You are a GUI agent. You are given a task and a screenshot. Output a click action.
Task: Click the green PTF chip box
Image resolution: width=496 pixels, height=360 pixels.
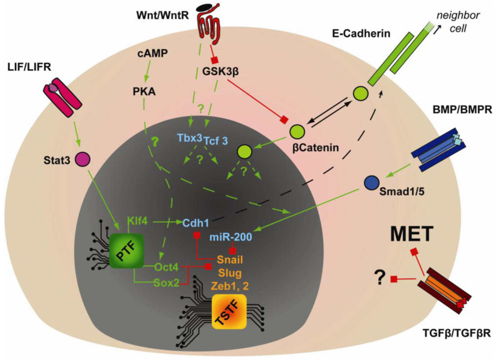tap(126, 251)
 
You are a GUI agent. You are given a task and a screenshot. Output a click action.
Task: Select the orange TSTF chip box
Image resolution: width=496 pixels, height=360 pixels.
tap(229, 312)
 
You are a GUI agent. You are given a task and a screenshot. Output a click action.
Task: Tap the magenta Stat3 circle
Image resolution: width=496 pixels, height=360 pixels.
tap(82, 159)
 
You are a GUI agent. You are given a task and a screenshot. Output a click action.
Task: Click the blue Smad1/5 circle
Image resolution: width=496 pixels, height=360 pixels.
tap(371, 183)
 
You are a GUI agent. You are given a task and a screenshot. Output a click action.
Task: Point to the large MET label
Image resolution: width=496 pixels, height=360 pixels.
tap(411, 234)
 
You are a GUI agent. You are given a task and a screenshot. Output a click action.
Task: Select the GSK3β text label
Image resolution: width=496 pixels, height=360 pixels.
tap(220, 71)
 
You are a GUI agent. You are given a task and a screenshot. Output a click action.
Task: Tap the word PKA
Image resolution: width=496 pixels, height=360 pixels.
tap(144, 91)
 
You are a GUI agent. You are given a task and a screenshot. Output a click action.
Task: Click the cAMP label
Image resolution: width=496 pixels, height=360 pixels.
tap(153, 53)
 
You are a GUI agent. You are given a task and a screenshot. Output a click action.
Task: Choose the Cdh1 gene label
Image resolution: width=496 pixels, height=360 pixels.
tap(196, 223)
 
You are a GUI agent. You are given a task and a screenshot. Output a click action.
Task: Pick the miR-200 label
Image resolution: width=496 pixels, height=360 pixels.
tap(231, 237)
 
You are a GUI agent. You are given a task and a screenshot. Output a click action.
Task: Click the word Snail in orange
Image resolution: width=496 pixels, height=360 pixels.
tap(230, 259)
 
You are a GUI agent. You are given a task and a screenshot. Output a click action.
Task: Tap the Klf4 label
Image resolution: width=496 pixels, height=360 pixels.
tap(137, 221)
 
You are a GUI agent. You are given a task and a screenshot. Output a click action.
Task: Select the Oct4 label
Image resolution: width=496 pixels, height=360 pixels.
tap(166, 267)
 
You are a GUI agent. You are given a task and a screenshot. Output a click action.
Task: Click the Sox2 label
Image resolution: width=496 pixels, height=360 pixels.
tap(166, 283)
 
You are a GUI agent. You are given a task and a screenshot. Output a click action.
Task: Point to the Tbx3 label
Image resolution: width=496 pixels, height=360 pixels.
tap(190, 138)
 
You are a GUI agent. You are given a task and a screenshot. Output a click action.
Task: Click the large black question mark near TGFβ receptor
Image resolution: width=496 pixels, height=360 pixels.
tap(380, 278)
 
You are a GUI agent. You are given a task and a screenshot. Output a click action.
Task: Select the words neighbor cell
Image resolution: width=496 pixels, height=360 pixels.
tap(458, 22)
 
